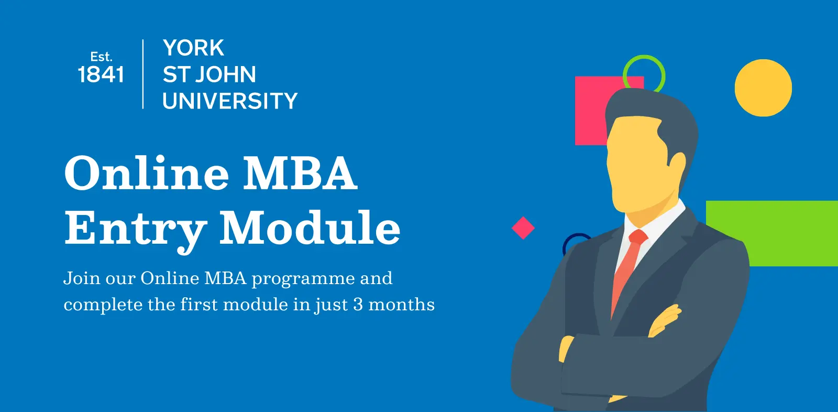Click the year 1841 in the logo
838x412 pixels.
101,74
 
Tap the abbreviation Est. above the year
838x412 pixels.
102,57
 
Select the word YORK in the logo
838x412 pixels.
193,48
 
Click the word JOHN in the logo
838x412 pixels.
225,74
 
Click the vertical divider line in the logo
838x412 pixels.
143,74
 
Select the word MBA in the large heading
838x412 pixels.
301,172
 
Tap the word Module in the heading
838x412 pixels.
310,227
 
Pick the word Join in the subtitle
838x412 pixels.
82,278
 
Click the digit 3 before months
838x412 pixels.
358,305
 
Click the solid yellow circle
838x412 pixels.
763,88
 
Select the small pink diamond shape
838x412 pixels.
523,227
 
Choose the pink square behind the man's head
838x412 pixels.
590,112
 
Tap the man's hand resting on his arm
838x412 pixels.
665,321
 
